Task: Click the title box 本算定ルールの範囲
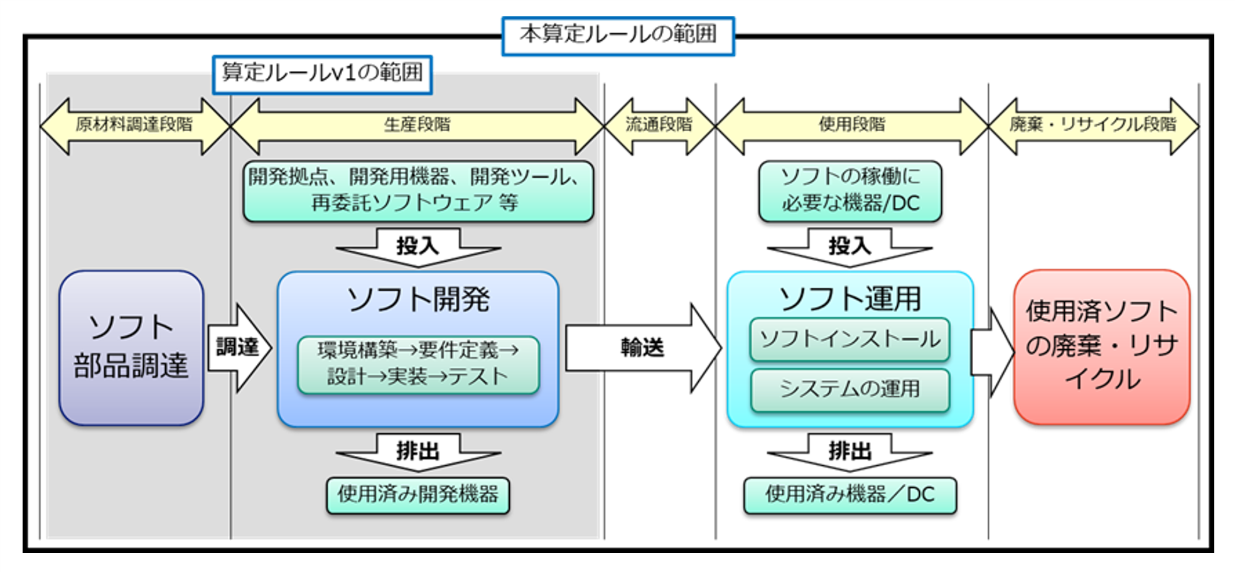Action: [x=618, y=35]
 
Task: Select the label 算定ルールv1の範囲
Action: [x=322, y=74]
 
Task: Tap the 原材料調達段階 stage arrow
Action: [x=134, y=126]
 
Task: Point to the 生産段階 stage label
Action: [x=417, y=125]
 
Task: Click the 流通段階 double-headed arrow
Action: [x=659, y=126]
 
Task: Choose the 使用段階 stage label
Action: [x=851, y=125]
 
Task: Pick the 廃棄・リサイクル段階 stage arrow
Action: [x=1093, y=126]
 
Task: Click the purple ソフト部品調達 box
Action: [x=131, y=348]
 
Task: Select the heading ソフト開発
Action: [x=418, y=299]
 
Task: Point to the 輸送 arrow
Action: [x=642, y=347]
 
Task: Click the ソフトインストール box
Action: [x=849, y=340]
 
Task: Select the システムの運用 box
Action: [x=849, y=389]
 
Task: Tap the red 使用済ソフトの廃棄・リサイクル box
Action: [x=1101, y=347]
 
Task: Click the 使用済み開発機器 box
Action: [x=418, y=495]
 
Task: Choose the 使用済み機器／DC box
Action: [x=849, y=495]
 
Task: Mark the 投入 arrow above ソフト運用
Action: [x=849, y=247]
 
